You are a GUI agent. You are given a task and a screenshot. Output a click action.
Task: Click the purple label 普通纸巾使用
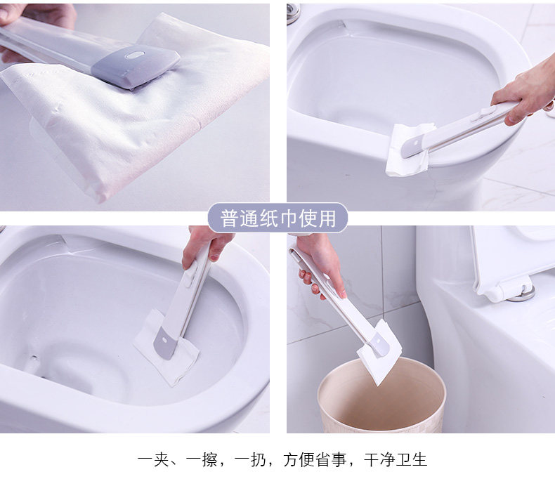pos(277,218)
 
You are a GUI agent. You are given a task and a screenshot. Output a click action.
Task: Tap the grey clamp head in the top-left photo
pos(136,66)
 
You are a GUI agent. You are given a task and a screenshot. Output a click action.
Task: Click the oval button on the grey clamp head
pos(136,55)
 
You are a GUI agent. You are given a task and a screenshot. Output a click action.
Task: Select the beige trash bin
pos(381,395)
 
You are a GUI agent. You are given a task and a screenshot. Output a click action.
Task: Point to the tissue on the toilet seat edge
pos(409,150)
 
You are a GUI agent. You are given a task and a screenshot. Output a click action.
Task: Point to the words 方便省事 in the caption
pos(314,460)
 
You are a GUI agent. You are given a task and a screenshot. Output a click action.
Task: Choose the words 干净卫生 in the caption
pos(396,460)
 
